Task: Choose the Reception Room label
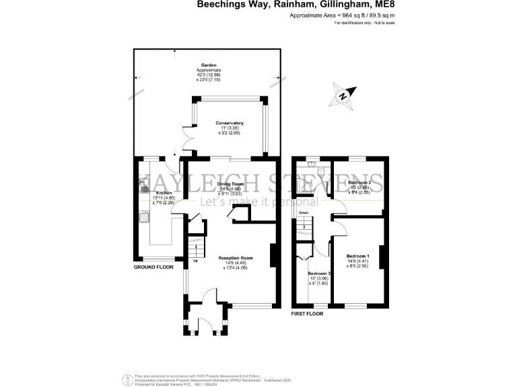[x=235, y=258]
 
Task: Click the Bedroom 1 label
[x=357, y=256]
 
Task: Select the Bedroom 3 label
[x=320, y=274]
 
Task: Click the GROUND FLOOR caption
[x=153, y=267]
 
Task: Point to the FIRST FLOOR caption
[x=307, y=314]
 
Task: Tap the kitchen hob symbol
[x=143, y=216]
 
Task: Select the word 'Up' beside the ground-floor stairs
[x=196, y=261]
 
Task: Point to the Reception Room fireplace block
[x=273, y=255]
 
